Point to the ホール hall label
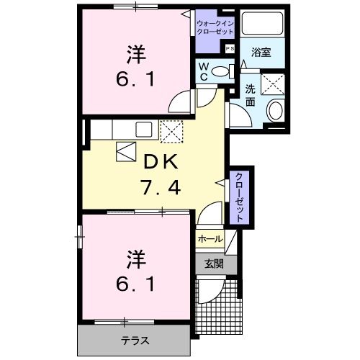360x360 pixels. [210, 238]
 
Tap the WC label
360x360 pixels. [204, 71]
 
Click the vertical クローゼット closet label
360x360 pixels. [238, 197]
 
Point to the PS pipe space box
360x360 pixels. [230, 48]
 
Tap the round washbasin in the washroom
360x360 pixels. [276, 111]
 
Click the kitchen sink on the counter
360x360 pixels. [143, 130]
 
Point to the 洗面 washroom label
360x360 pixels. [250, 96]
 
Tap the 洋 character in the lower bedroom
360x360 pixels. [135, 257]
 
